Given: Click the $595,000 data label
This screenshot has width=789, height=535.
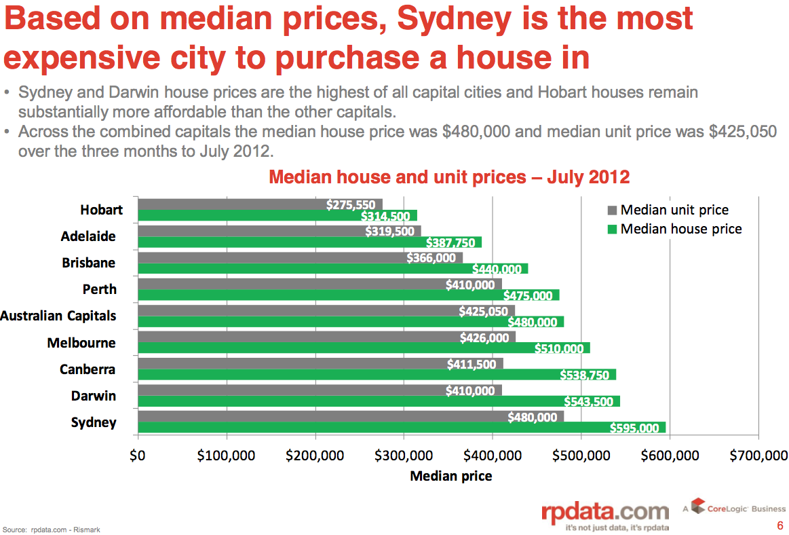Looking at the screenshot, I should tap(634, 428).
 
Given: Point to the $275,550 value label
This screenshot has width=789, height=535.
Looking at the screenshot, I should tap(350, 205).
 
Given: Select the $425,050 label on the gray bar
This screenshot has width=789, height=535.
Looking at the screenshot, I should tap(483, 311).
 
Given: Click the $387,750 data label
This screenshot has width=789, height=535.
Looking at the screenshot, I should tap(450, 242).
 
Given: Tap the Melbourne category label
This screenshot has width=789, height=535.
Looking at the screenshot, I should tap(81, 343).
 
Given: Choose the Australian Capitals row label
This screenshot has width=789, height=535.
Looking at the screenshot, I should tap(58, 316).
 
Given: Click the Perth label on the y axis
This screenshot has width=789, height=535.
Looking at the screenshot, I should tap(100, 289).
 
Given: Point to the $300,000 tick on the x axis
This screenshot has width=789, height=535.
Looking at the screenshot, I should tap(404, 455).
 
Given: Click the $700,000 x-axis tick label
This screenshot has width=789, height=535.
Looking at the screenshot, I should tap(758, 455).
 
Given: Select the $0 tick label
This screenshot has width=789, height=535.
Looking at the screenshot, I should tap(138, 455).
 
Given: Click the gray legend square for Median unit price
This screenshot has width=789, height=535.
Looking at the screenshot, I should tap(611, 210).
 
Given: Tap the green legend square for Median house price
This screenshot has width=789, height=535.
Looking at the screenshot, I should tap(611, 229).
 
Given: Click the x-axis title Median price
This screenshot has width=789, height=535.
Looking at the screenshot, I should tap(451, 476).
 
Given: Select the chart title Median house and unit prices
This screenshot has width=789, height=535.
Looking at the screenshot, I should tap(449, 177).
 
